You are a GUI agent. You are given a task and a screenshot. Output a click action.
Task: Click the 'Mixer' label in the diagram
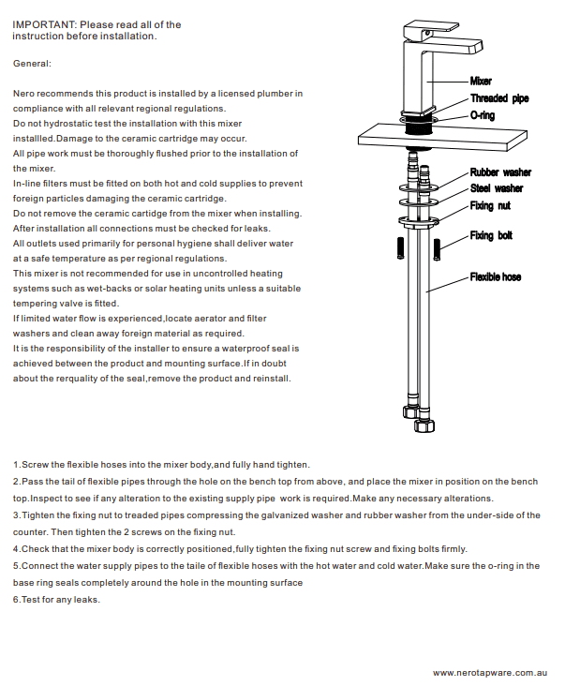[481, 82]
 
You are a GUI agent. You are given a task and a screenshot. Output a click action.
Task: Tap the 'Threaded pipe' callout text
[499, 98]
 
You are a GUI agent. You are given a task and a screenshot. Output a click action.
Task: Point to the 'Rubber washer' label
[500, 172]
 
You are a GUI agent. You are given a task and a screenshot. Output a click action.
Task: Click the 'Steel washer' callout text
[497, 188]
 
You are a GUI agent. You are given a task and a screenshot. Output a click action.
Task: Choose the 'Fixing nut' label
[490, 205]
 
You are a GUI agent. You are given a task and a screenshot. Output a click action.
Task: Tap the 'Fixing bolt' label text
[492, 235]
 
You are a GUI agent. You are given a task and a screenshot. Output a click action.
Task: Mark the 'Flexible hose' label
[496, 277]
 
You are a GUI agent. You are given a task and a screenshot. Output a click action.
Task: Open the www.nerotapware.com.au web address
[489, 672]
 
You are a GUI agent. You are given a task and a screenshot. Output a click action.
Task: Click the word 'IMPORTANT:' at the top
[44, 24]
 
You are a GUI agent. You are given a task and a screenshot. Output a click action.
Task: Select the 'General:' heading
[33, 64]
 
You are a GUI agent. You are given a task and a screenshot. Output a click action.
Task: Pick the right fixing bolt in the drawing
[463, 249]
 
